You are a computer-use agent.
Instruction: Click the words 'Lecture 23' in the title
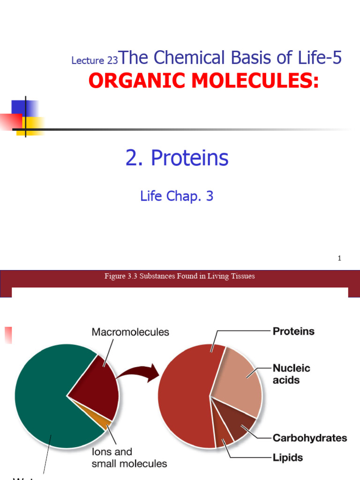[x=94, y=60]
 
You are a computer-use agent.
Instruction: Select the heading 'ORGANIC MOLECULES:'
[x=203, y=81]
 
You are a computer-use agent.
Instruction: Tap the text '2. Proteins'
[x=177, y=158]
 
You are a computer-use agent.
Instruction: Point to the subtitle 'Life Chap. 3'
[x=177, y=196]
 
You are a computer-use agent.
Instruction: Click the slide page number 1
[x=339, y=258]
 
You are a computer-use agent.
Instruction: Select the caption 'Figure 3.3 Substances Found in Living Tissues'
[x=180, y=276]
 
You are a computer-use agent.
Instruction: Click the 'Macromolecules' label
[x=130, y=332]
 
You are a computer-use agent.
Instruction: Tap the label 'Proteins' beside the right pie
[x=293, y=331]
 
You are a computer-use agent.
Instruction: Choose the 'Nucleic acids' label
[x=291, y=374]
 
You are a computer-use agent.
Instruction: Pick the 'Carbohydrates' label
[x=310, y=438]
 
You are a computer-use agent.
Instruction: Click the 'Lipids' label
[x=288, y=457]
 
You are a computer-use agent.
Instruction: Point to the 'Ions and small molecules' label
[x=129, y=458]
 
